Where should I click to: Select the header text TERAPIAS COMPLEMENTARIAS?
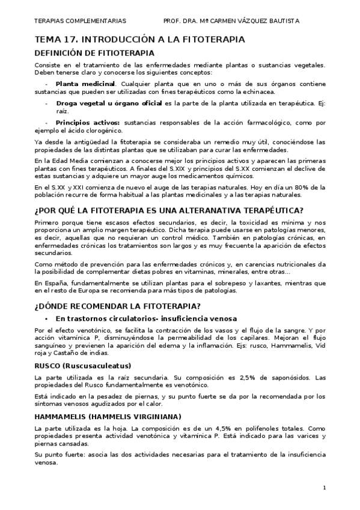click(x=80, y=20)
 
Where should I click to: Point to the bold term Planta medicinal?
click(x=85, y=84)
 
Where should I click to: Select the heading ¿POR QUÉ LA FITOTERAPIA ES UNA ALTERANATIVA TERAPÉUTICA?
click(x=169, y=210)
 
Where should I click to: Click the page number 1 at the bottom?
click(x=324, y=487)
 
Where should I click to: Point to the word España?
click(x=53, y=282)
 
